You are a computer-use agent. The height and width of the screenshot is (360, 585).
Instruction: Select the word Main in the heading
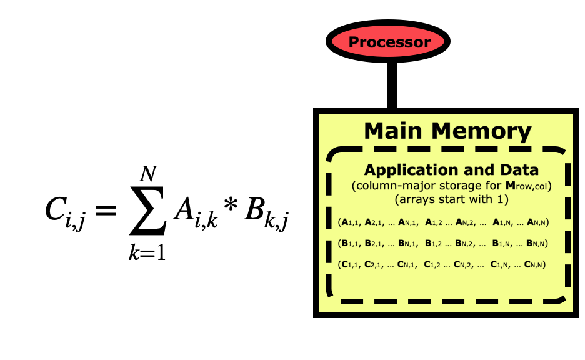coord(392,131)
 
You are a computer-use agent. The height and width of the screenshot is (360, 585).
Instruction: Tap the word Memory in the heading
coord(481,131)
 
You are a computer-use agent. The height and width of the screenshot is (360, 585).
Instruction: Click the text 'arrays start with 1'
coord(450,200)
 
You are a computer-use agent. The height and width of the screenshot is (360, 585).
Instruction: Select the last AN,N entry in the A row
coord(536,222)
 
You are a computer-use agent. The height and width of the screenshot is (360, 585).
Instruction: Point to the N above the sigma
coord(148,170)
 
